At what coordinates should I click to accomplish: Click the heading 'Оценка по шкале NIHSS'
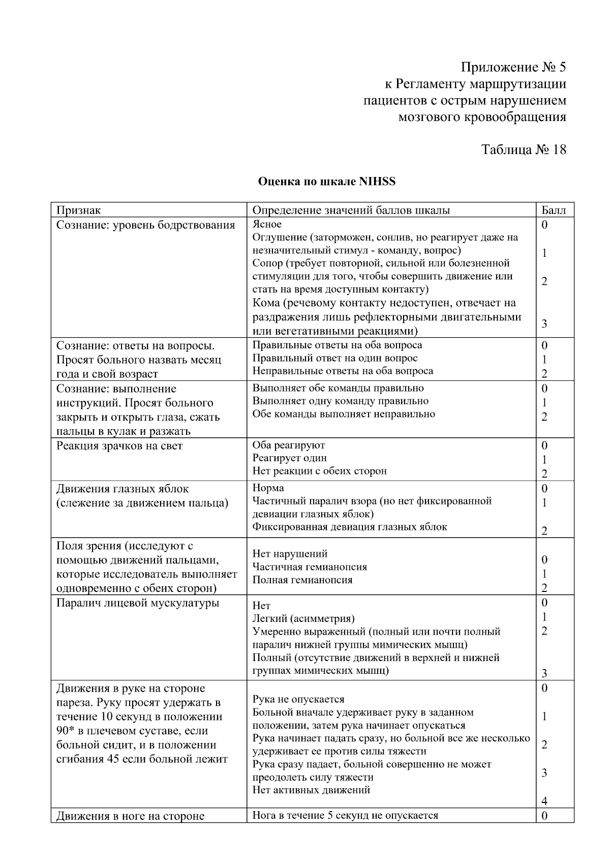tap(326, 182)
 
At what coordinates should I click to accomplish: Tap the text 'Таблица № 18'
tap(523, 150)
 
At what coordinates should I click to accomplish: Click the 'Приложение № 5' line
tap(513, 68)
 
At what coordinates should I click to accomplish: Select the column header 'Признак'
tap(78, 211)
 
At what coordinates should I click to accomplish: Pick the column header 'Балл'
tap(554, 211)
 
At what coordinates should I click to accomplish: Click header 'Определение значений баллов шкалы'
tap(351, 211)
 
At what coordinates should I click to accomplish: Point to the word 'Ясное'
tap(267, 224)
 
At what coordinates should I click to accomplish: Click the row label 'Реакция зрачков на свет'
tap(119, 446)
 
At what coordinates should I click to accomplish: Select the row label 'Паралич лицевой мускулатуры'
tap(138, 603)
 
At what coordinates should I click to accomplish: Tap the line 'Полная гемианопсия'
tap(302, 580)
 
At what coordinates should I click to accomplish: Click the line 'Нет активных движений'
tap(311, 790)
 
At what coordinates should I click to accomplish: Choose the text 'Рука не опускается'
tap(298, 700)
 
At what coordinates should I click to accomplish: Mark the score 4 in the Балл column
tap(544, 801)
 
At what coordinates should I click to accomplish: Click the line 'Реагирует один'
tap(290, 458)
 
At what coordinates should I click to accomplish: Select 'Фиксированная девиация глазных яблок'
tap(350, 527)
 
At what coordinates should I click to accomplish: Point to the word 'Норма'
tap(268, 488)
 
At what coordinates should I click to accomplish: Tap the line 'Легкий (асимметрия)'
tap(303, 619)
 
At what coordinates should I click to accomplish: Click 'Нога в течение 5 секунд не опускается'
tap(345, 816)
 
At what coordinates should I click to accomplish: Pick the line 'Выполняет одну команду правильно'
tap(341, 401)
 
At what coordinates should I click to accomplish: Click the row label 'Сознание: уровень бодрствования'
tap(145, 225)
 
